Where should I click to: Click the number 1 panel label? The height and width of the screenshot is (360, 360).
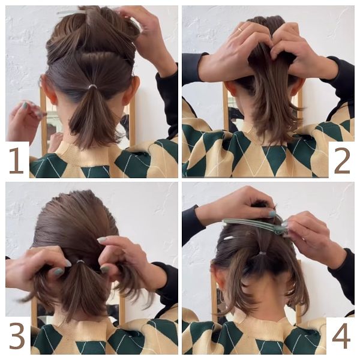click(x=16, y=160)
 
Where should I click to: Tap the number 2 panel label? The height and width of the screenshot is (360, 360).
click(x=342, y=160)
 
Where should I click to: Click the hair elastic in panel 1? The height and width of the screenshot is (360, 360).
click(x=92, y=86)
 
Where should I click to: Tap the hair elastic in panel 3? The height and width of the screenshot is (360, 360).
click(x=80, y=262)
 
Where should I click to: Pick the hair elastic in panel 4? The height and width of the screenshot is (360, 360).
click(x=262, y=253)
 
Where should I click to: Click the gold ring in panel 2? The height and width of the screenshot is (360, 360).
click(x=239, y=29)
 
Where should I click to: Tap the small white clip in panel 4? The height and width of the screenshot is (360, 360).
click(x=229, y=238)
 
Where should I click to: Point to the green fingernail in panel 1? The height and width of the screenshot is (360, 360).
click(x=25, y=106)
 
